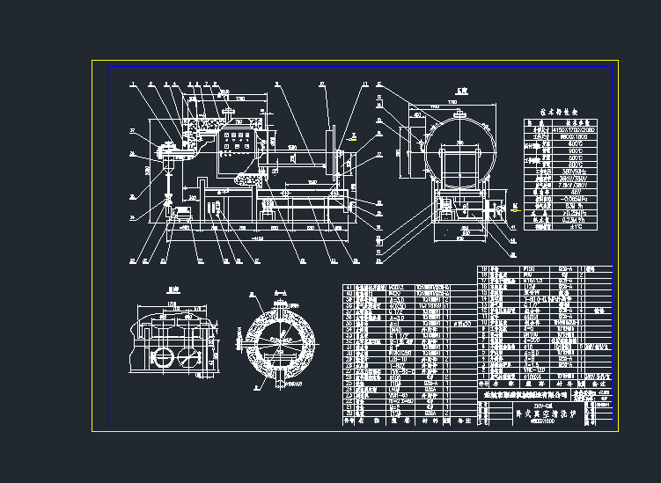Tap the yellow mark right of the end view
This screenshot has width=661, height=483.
[x=514, y=209]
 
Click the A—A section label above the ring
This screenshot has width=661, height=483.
[x=281, y=290]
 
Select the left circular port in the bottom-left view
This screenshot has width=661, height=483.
[x=162, y=358]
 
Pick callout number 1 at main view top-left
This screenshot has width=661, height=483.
[x=131, y=84]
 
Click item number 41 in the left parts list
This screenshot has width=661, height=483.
[x=348, y=287]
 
